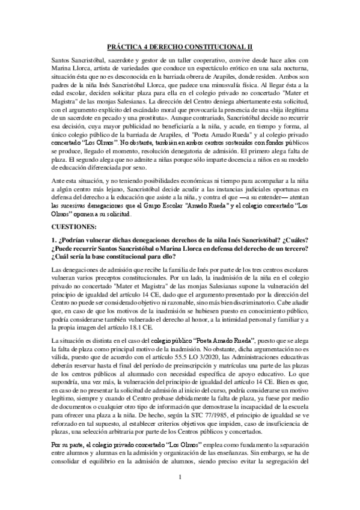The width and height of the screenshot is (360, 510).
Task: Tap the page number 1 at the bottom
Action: click(180, 494)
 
